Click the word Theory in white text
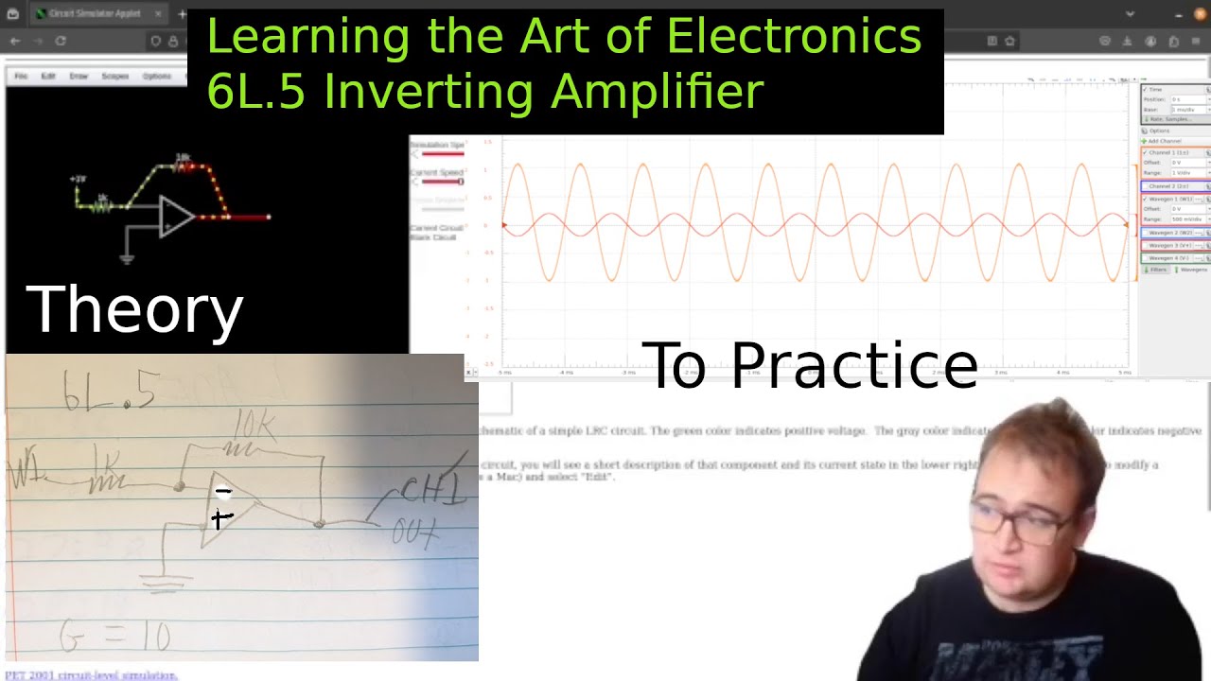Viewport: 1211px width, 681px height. (x=134, y=310)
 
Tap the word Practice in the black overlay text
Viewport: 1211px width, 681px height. (x=853, y=365)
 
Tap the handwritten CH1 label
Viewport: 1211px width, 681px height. (x=432, y=490)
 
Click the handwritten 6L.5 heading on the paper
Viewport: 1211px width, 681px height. (x=109, y=391)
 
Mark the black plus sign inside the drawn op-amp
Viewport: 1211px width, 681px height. (x=221, y=518)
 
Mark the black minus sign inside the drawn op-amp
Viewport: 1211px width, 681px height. (x=223, y=491)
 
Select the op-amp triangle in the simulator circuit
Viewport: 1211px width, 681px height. (x=176, y=217)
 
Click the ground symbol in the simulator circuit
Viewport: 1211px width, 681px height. (x=127, y=255)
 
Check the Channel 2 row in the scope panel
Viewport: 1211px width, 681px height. (x=1173, y=186)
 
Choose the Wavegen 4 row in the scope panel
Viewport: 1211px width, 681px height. (x=1173, y=257)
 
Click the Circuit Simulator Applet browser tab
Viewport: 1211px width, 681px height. (x=95, y=14)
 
